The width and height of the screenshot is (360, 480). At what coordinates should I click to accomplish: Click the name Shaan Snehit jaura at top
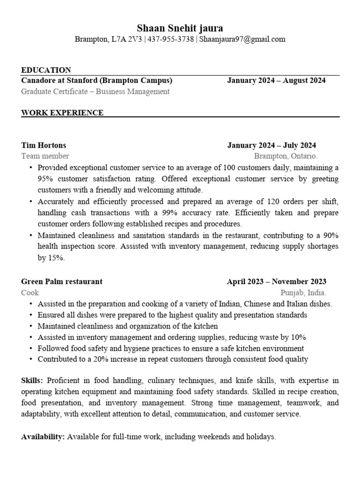coord(180,28)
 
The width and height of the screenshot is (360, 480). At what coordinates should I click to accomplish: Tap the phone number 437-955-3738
coord(171,39)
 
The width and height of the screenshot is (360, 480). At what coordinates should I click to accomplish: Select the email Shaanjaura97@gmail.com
coord(242,39)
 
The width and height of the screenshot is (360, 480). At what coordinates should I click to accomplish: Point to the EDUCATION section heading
coord(46,70)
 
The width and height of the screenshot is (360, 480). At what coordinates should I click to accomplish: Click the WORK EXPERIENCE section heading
coord(62,112)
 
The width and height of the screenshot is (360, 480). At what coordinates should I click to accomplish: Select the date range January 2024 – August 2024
coord(276,80)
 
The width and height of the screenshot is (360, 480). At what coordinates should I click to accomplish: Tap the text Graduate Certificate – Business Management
coord(95,91)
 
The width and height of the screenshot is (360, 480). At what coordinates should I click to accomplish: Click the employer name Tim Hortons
coord(44,145)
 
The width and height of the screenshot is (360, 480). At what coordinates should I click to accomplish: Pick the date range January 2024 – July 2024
coord(271,145)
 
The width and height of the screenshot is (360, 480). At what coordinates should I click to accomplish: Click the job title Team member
coord(45,156)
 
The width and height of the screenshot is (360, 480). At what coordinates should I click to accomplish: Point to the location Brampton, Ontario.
coord(285,156)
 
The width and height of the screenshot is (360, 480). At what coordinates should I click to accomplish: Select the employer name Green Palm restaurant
coord(62,281)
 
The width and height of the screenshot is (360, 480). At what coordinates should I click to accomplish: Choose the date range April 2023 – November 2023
coord(277,281)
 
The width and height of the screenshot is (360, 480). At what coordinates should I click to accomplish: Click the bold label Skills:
coord(32,380)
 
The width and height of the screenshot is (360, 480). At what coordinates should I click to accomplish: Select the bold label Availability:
coord(43,436)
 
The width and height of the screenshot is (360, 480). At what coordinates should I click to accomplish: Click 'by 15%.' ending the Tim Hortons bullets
coord(51,258)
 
